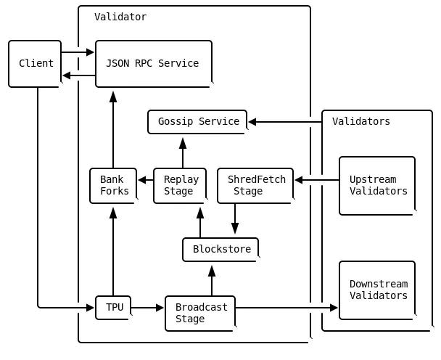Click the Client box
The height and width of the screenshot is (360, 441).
(35, 64)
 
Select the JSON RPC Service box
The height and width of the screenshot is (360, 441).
(153, 64)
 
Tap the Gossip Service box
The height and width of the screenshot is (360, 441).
(197, 122)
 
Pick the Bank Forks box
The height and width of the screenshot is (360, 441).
(113, 186)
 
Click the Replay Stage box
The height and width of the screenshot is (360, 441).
(180, 186)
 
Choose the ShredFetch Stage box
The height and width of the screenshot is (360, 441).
(255, 186)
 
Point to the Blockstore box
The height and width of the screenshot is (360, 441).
(220, 250)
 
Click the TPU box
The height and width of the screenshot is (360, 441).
(113, 308)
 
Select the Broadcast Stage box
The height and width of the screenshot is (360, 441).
(200, 314)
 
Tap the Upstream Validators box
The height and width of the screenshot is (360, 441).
(377, 186)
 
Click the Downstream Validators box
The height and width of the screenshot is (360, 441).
(377, 290)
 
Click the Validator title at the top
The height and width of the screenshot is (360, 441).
(120, 17)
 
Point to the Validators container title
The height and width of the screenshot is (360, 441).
(360, 121)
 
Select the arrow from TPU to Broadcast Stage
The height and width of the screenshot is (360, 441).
(148, 308)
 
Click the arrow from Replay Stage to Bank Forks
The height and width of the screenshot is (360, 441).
(145, 180)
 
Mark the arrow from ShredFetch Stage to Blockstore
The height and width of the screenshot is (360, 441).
(235, 220)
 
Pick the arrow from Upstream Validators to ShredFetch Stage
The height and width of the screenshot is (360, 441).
(317, 180)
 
